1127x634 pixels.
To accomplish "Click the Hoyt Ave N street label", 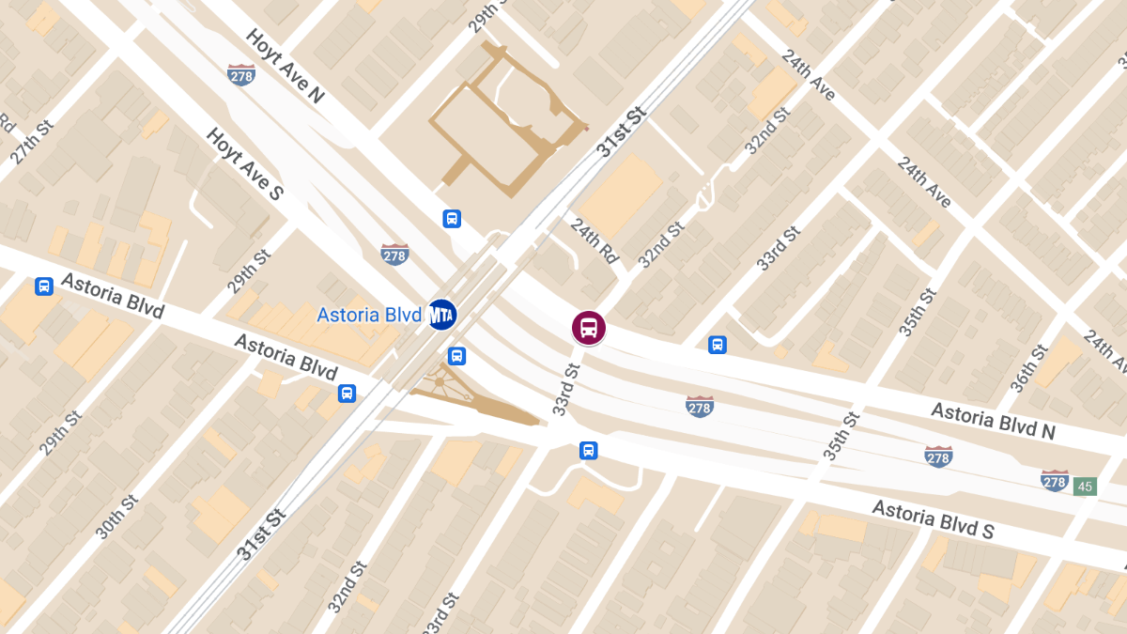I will click(285, 69).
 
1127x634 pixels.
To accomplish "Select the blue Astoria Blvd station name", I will click(368, 316).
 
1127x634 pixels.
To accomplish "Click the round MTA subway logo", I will click(441, 316).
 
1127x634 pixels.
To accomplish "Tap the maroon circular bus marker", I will click(589, 328).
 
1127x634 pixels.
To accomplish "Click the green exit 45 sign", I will click(1086, 487).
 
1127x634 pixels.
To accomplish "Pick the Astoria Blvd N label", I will click(994, 421).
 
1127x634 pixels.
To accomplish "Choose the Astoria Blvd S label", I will click(933, 519).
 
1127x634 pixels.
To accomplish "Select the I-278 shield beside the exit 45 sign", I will click(1055, 480).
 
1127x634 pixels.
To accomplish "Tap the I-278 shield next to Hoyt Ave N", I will click(241, 74).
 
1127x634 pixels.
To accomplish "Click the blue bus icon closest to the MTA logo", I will click(456, 356).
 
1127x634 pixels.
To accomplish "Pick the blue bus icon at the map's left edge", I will click(43, 286).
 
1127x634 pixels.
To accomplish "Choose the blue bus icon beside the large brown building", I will click(452, 219).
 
